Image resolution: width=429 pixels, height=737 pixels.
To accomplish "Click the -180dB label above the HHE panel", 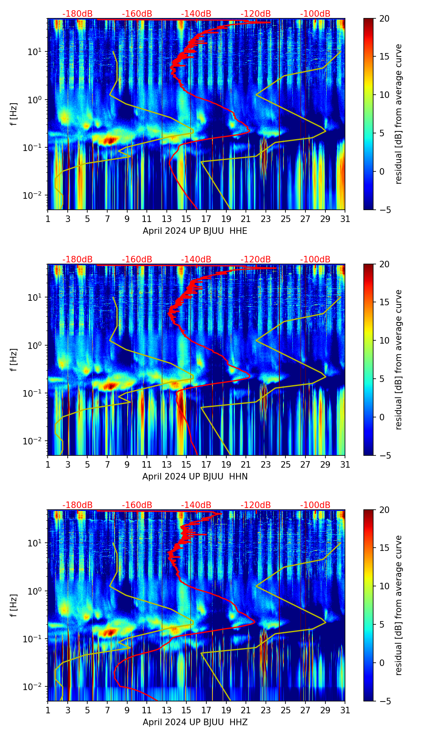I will (77, 14).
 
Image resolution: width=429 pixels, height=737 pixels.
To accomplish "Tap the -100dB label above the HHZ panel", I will (315, 505).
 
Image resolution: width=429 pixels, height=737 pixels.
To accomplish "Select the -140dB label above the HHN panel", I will (196, 260).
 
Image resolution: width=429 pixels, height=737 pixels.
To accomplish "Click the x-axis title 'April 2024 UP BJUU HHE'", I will (195, 231).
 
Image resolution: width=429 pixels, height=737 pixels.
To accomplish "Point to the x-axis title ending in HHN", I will (195, 477).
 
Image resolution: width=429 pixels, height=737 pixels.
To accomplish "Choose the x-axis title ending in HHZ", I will (195, 722).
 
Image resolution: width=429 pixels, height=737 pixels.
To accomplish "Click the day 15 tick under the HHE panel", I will (186, 219).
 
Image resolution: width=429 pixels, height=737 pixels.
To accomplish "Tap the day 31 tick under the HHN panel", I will (345, 464).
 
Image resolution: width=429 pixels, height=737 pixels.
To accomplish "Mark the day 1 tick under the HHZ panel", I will (48, 710).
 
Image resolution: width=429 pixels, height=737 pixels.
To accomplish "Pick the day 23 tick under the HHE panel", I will (266, 219).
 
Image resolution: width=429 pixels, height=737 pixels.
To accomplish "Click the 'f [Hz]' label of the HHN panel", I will (14, 360).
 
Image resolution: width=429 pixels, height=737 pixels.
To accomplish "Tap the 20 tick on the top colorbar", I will (384, 19).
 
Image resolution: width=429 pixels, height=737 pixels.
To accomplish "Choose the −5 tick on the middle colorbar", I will (384, 455).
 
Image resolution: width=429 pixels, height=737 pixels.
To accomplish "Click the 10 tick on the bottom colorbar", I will (384, 586).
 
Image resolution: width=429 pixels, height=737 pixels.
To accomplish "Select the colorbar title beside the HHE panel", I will (398, 114).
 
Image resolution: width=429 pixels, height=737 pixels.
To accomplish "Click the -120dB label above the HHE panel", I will (256, 14).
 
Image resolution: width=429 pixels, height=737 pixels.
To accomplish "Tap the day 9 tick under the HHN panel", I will (127, 464).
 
